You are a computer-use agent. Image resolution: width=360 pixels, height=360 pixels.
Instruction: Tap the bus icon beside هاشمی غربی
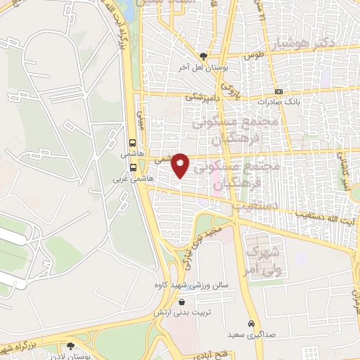(x=134, y=167)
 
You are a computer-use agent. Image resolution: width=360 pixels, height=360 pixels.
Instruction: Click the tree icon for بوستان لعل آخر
(x=203, y=56)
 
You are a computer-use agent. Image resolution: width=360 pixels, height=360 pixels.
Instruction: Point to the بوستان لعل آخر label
(x=204, y=67)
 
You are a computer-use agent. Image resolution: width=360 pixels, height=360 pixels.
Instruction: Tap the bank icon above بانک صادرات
(x=279, y=92)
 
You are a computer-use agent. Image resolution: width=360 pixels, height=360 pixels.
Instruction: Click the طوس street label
(x=252, y=54)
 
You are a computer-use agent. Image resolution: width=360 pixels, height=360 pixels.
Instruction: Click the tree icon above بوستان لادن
(x=70, y=346)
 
